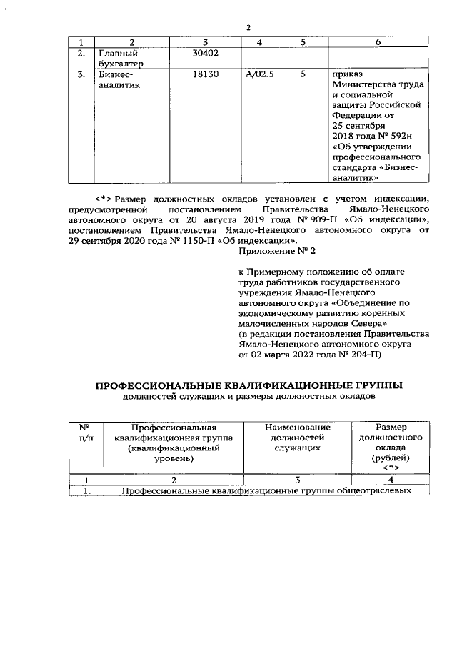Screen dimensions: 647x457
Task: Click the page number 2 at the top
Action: pos(248,28)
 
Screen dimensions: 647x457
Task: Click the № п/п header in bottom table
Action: pos(86,432)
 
